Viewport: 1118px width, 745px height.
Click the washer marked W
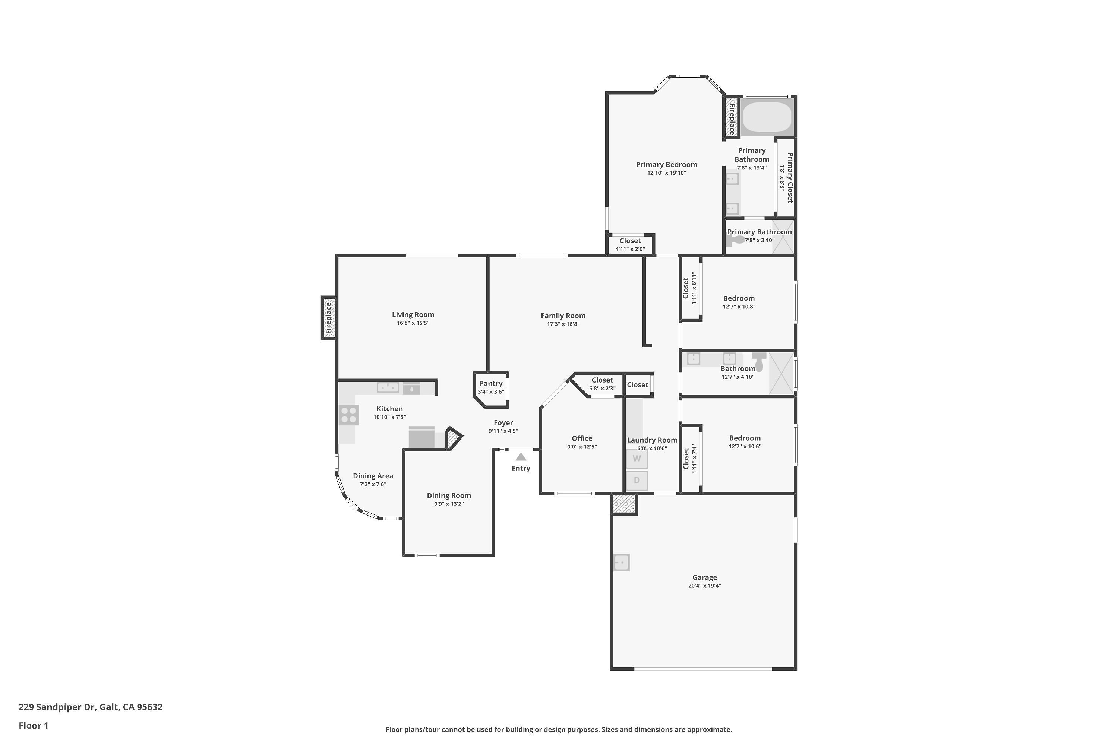click(637, 459)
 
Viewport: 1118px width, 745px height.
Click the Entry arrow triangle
click(521, 457)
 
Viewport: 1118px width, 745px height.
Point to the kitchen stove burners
click(349, 415)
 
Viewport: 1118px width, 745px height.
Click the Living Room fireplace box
click(328, 318)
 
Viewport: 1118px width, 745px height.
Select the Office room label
click(582, 438)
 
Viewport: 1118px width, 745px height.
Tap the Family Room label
click(563, 316)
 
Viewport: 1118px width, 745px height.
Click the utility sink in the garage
click(621, 562)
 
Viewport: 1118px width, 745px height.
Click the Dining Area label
click(373, 476)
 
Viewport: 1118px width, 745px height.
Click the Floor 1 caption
click(33, 726)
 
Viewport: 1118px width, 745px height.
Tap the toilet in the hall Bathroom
click(759, 362)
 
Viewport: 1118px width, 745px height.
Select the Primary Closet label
click(790, 178)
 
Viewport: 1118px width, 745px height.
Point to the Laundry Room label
click(652, 440)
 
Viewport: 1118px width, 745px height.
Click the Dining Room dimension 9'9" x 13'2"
click(449, 504)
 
